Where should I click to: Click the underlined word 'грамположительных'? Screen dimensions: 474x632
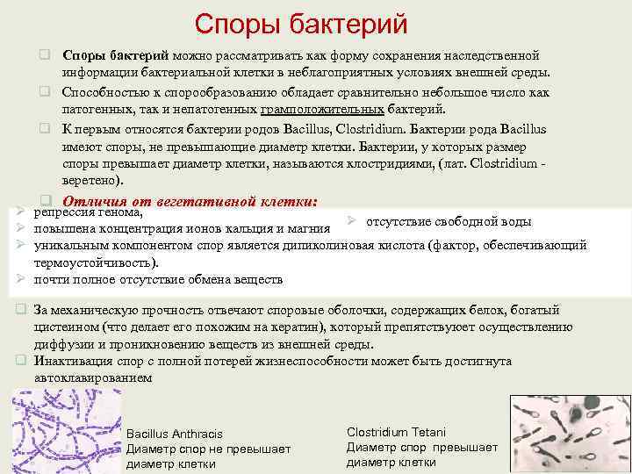pos(322,110)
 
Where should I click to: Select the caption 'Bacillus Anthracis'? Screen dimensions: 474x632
pos(175,434)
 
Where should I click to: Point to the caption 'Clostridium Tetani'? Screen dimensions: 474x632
pos(396,432)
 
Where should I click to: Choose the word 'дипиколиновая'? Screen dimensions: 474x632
pos(332,246)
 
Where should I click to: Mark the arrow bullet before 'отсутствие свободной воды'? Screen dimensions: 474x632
pos(350,219)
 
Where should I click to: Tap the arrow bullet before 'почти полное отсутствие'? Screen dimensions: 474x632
pos(21,279)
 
